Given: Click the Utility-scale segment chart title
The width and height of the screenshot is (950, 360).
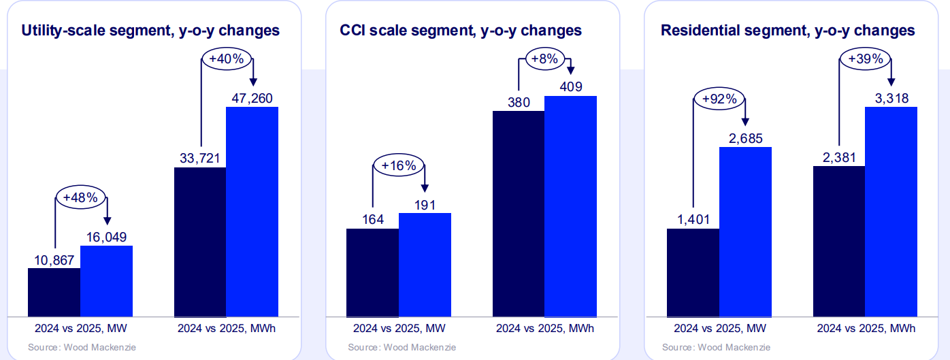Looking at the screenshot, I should coord(150,31).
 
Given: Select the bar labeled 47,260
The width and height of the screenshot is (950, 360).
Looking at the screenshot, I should coord(252,211).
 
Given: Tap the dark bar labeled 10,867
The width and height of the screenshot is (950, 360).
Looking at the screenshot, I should coord(54,292).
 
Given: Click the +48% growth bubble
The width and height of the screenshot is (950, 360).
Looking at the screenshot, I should coord(80,198).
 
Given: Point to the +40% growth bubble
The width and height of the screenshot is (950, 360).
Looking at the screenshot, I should coord(227,59).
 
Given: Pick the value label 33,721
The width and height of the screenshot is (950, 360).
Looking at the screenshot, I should coord(200,159).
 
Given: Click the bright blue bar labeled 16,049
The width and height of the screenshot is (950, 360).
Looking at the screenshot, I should coord(106,280).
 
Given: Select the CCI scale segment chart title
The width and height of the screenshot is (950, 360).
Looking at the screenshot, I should coord(461,31).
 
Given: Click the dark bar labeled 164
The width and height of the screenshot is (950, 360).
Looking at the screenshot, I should coord(372,272).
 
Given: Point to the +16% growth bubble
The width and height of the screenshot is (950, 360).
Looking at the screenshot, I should coord(399,165).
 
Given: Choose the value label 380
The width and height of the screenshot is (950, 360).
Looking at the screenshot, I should coord(519,102).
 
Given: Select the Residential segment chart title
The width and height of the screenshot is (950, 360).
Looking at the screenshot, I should coord(788,31).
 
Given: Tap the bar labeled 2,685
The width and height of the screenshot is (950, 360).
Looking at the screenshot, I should coord(745,231).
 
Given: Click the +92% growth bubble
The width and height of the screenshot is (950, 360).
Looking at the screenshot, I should coord(719,99).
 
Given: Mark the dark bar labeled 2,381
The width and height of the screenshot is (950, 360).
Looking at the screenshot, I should coord(838,241).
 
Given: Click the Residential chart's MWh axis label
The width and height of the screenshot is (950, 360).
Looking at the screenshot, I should coord(864,328).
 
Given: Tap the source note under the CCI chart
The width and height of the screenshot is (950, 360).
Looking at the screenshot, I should coord(402,347).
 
